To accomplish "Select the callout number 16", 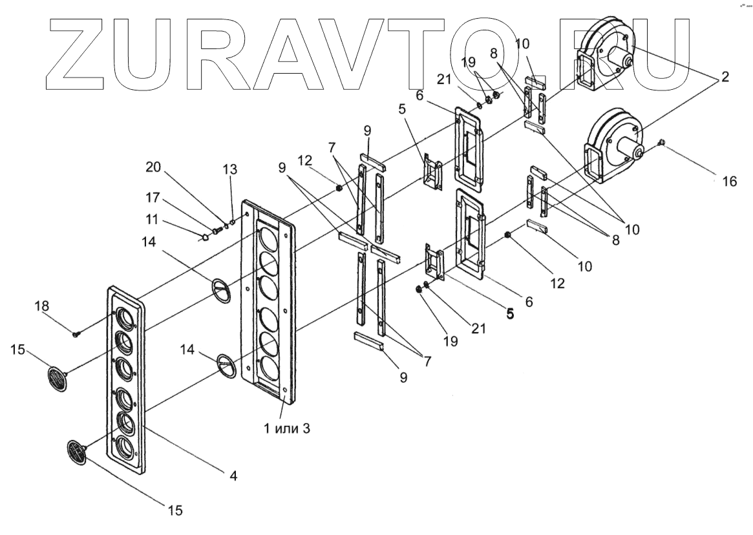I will pyautogui.click(x=729, y=182).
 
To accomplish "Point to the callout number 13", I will pyautogui.click(x=230, y=169).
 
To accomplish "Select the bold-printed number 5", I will pyautogui.click(x=510, y=314).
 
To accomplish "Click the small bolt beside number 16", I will pyautogui.click(x=661, y=142).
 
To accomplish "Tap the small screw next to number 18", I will pyautogui.click(x=77, y=333).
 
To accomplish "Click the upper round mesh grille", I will pyautogui.click(x=58, y=378).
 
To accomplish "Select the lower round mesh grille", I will pyautogui.click(x=77, y=451).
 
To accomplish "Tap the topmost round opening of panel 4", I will pyautogui.click(x=125, y=317).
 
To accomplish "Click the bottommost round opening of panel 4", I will pyautogui.click(x=124, y=447).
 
